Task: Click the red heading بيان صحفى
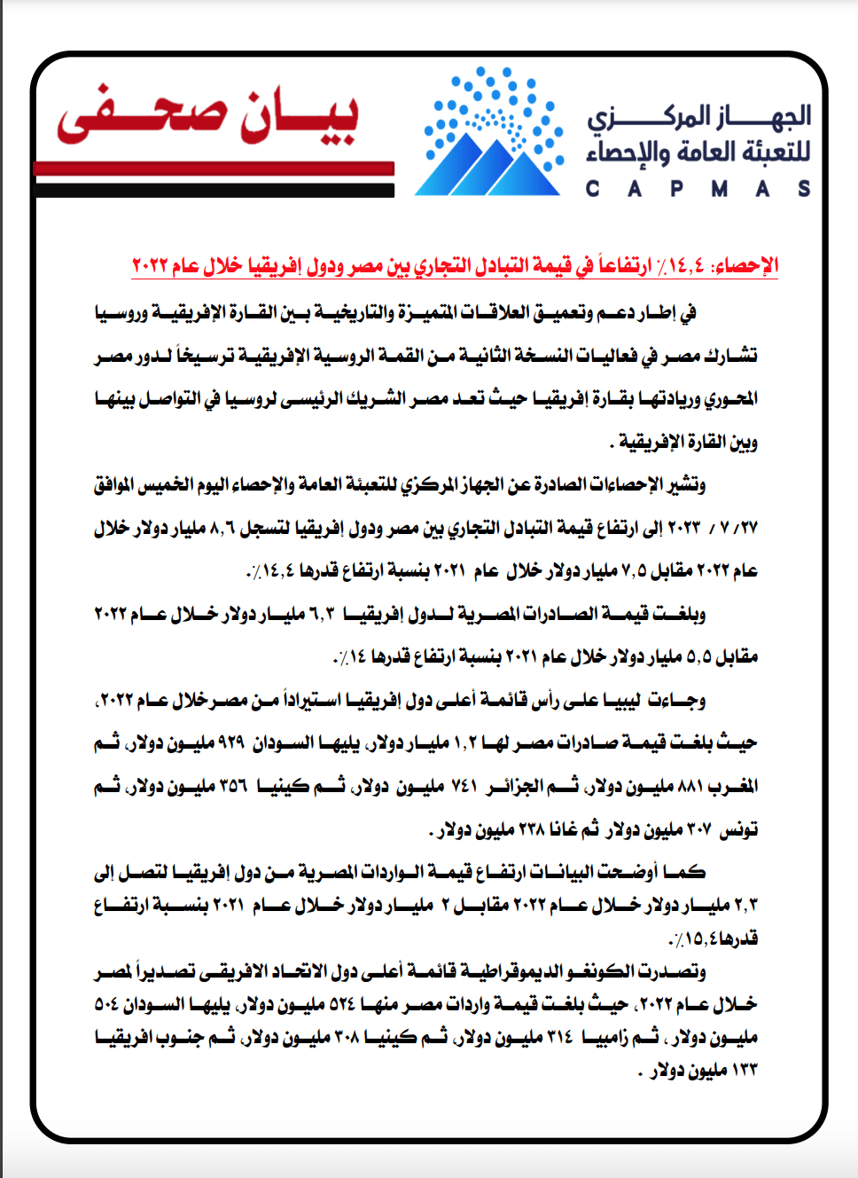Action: click(x=208, y=115)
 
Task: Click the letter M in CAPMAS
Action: click(x=719, y=188)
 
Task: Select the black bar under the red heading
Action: click(x=214, y=190)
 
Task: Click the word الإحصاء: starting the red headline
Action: click(x=746, y=265)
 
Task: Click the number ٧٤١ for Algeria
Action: click(x=463, y=787)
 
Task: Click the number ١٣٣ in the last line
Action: click(x=745, y=1071)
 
